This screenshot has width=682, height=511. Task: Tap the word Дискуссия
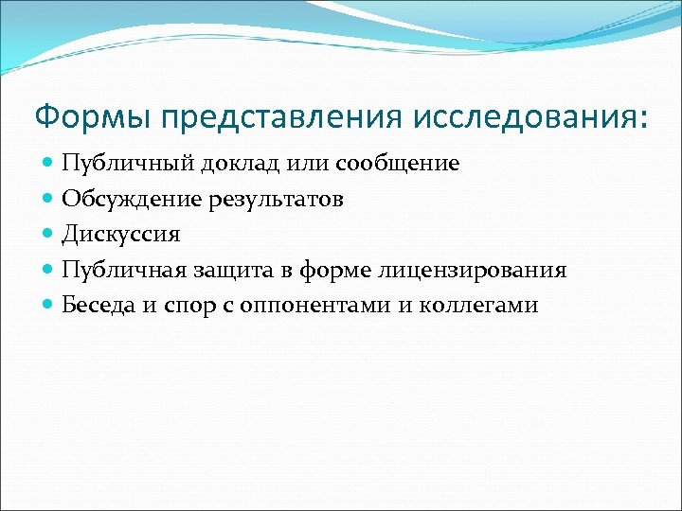click(120, 235)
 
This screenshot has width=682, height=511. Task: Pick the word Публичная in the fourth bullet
click(123, 271)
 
